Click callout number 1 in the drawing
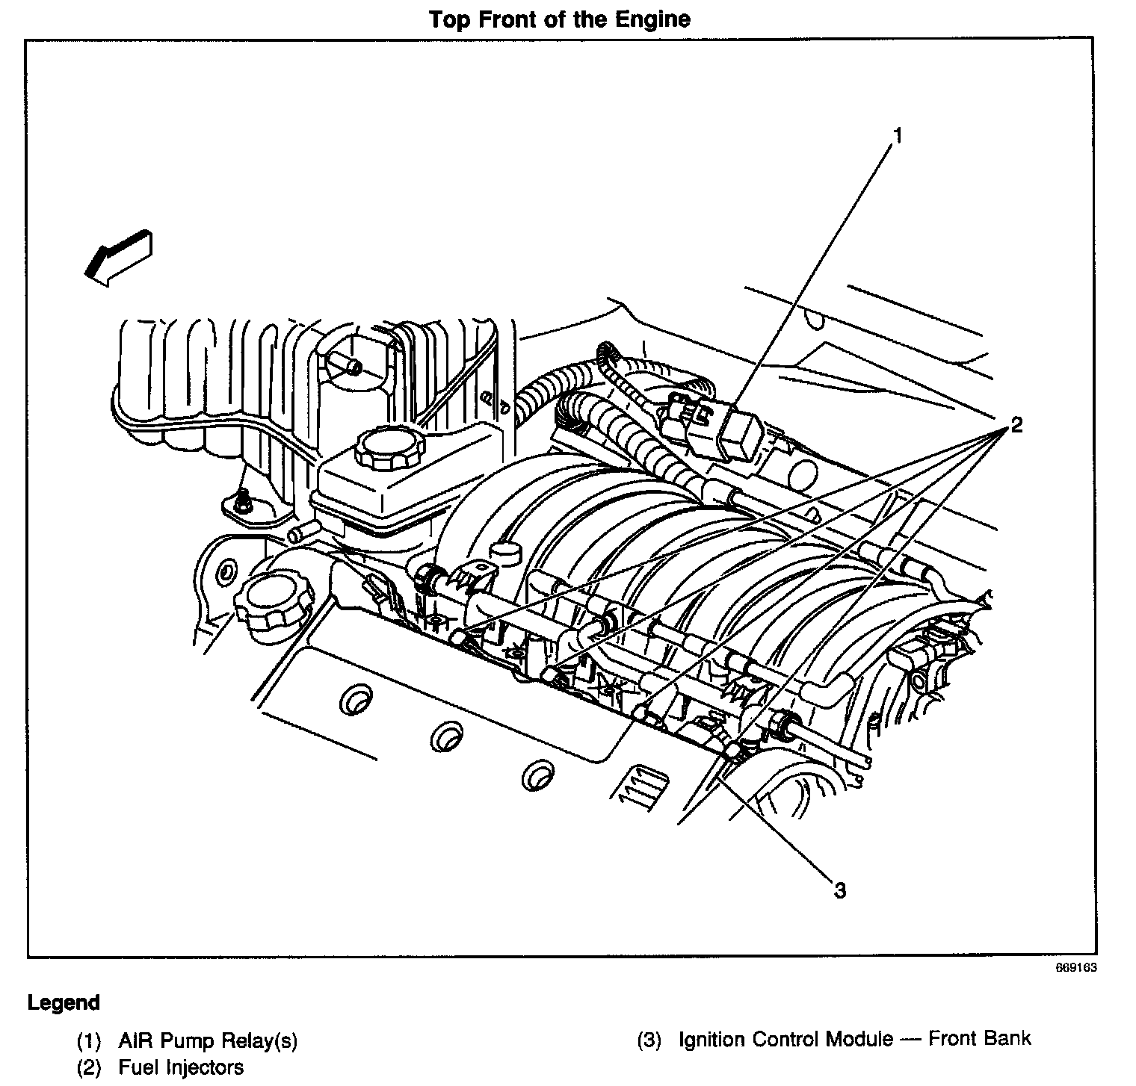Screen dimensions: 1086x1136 pyautogui.click(x=898, y=136)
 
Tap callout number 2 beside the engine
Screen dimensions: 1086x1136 pyautogui.click(x=1016, y=426)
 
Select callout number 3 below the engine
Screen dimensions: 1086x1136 pyautogui.click(x=840, y=890)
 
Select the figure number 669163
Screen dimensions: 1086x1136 pyautogui.click(x=1076, y=968)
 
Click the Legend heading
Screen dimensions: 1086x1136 pyautogui.click(x=64, y=1002)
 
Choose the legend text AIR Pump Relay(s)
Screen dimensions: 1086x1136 pyautogui.click(x=207, y=1040)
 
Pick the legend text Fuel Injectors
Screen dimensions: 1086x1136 pyautogui.click(x=181, y=1067)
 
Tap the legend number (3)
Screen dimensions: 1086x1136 pyautogui.click(x=649, y=1040)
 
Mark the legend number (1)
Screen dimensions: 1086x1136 pyautogui.click(x=90, y=1041)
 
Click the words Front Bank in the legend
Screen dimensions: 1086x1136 pyautogui.click(x=979, y=1038)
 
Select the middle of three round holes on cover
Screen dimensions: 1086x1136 pyautogui.click(x=446, y=737)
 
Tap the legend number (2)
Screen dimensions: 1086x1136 pyautogui.click(x=90, y=1068)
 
